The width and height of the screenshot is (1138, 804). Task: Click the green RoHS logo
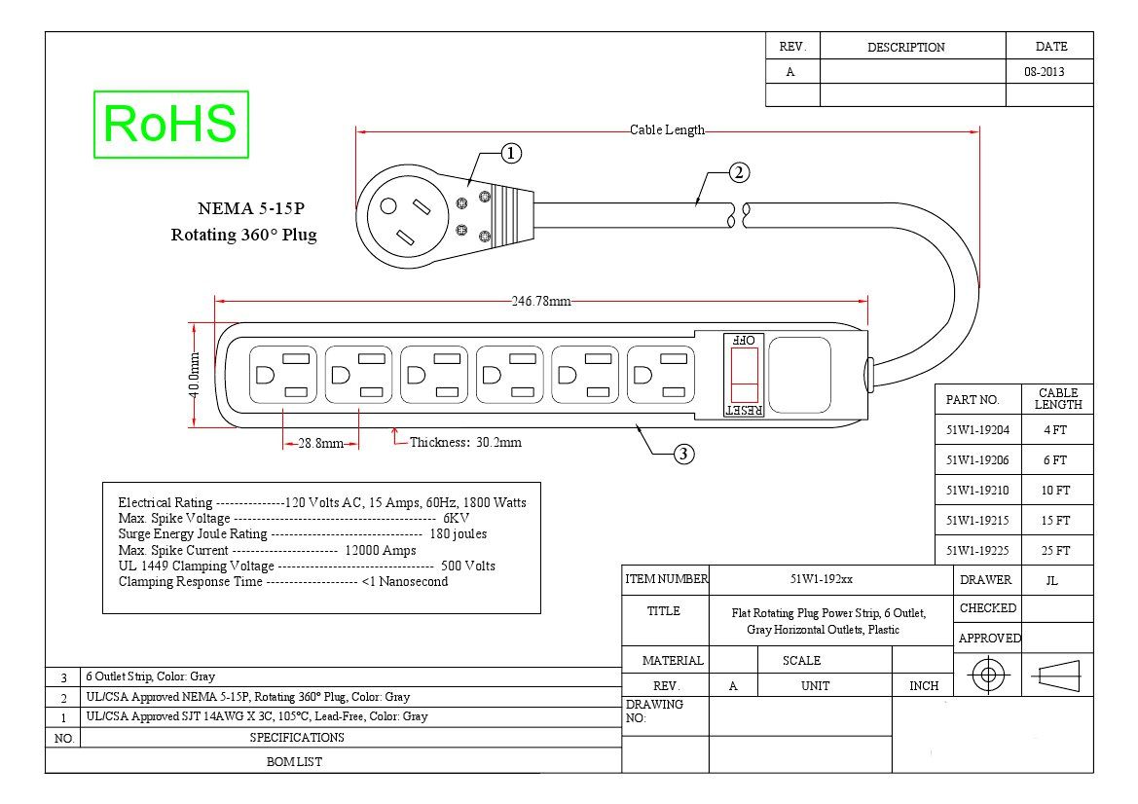click(x=171, y=124)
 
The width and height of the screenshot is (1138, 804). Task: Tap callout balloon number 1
click(x=512, y=154)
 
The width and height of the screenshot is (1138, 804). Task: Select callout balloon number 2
click(x=739, y=172)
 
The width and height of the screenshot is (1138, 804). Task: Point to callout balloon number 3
click(x=683, y=455)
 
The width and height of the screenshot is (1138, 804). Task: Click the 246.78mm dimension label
click(x=541, y=301)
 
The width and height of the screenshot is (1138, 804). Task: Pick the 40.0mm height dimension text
click(x=195, y=375)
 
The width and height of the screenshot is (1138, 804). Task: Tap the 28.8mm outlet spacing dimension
click(x=320, y=443)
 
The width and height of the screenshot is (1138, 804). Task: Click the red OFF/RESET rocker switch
click(x=744, y=375)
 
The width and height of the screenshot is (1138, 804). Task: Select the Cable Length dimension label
click(x=667, y=130)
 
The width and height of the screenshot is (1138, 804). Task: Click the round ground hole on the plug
click(x=388, y=206)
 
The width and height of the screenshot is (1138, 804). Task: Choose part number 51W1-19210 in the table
click(x=976, y=491)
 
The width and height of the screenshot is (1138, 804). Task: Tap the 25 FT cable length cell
click(x=1055, y=551)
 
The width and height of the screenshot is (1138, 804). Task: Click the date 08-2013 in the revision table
click(x=1045, y=72)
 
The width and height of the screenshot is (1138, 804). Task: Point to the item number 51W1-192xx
click(x=822, y=580)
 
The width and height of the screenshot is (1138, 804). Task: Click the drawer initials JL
click(x=1051, y=580)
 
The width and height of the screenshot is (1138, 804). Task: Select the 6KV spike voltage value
click(x=456, y=519)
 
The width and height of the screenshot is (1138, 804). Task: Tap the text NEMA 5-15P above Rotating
click(x=251, y=209)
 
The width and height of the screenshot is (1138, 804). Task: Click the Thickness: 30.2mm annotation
click(x=465, y=443)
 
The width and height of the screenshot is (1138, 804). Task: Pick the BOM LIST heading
click(x=294, y=762)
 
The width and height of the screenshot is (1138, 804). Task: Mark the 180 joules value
click(x=458, y=534)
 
